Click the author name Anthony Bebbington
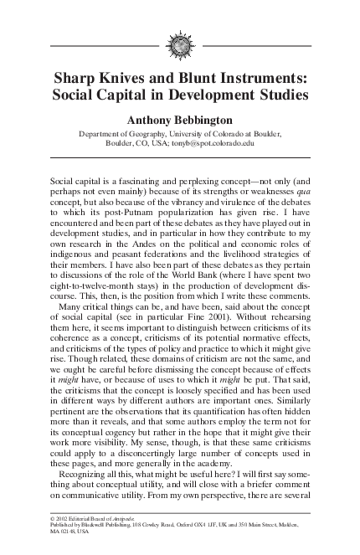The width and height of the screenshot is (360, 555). tap(179, 121)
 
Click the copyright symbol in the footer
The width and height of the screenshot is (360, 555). tap(54, 520)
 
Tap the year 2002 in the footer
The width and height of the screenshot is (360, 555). tap(64, 520)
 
